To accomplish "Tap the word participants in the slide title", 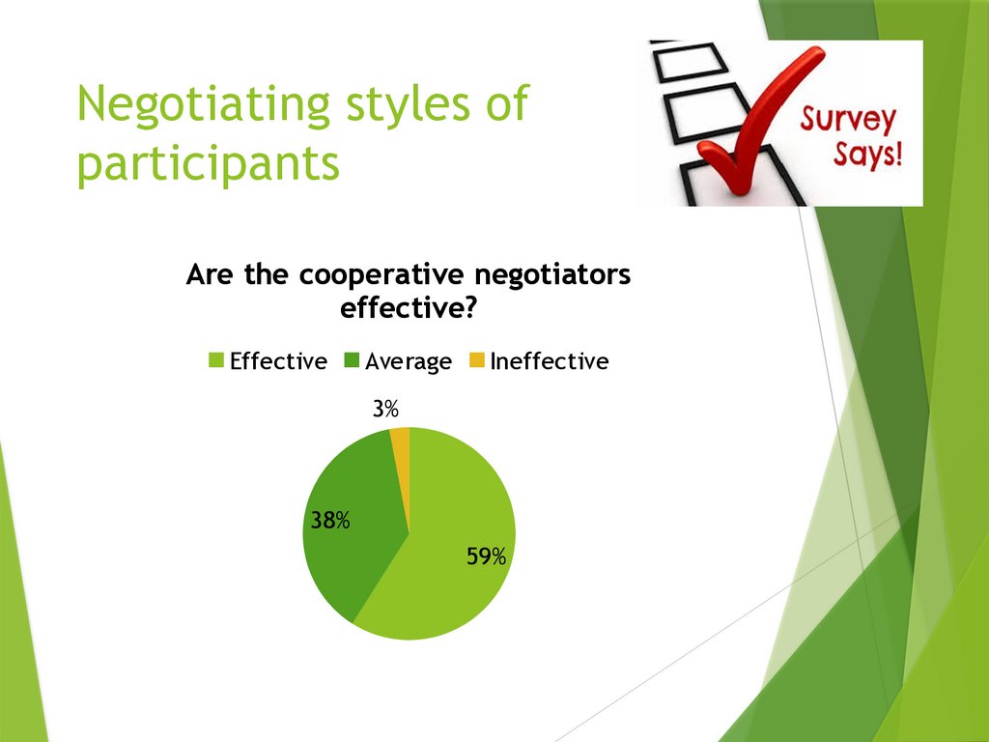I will click(209, 164).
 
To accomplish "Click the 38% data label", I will click(329, 521).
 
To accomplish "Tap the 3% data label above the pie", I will click(385, 410).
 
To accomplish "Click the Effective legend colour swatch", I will click(216, 361).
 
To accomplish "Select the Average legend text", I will click(409, 361).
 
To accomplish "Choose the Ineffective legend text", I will click(549, 361).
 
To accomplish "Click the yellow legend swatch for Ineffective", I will click(476, 361).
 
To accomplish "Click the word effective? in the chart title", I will click(408, 310).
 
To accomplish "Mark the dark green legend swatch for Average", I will click(352, 361).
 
